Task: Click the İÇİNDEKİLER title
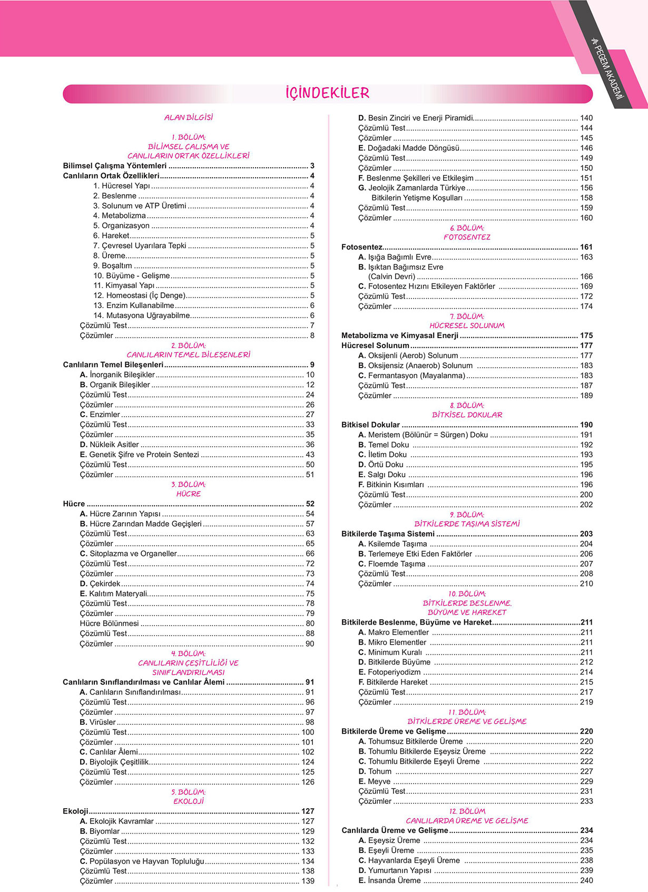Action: [x=327, y=93]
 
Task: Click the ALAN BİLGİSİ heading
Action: [x=189, y=118]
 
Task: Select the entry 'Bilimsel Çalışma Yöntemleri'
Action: [x=115, y=166]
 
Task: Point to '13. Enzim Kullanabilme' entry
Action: [x=134, y=305]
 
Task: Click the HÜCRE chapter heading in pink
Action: [x=189, y=494]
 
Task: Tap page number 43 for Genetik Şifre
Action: [x=310, y=455]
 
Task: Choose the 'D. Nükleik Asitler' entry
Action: [x=110, y=445]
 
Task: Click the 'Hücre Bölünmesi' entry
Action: [x=110, y=624]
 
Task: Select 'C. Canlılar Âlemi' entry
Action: [x=109, y=752]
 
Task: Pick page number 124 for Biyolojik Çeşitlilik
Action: [x=308, y=762]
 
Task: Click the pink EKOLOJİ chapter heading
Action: [x=189, y=801]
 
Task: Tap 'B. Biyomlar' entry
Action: [x=100, y=831]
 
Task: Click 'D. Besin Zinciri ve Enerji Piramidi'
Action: [x=416, y=118]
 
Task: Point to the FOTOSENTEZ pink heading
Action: [x=467, y=237]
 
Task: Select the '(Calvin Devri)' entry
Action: [x=391, y=276]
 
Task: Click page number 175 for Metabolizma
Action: [x=586, y=335]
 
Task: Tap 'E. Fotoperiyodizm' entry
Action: [x=390, y=672]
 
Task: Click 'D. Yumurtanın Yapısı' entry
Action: [x=395, y=870]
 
